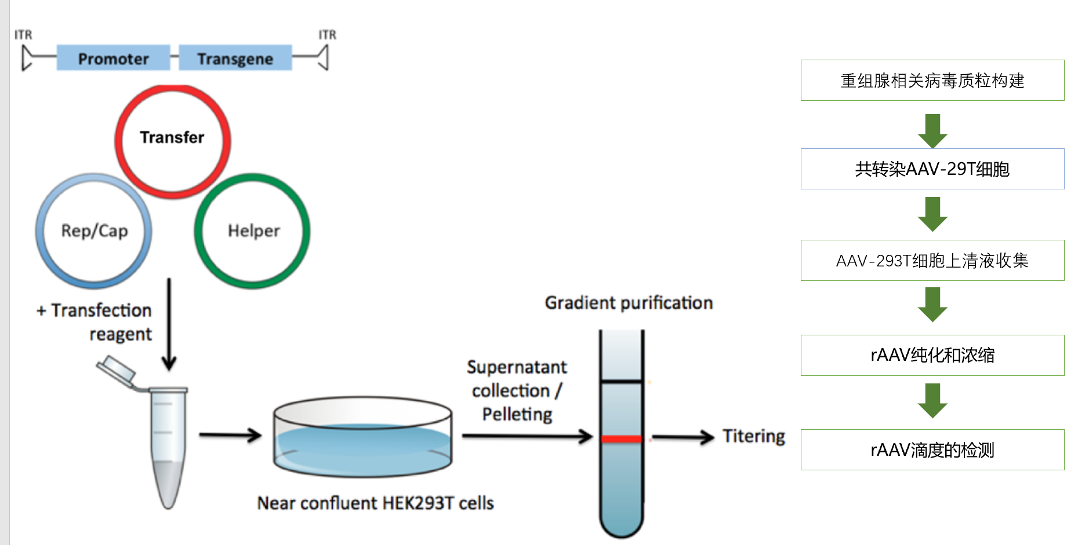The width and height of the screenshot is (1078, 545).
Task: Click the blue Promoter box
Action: tap(113, 58)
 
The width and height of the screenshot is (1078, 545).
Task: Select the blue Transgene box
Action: tap(235, 58)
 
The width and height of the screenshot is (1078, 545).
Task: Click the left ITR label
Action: tap(23, 35)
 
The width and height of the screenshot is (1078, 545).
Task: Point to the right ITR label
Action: tap(327, 35)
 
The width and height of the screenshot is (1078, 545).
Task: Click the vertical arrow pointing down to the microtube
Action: tap(169, 324)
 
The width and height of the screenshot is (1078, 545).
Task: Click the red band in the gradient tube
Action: tap(622, 439)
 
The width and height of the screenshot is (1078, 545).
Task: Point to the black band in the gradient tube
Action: tap(622, 381)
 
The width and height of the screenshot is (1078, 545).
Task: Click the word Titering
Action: tap(753, 436)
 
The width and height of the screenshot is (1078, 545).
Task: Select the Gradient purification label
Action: tap(629, 302)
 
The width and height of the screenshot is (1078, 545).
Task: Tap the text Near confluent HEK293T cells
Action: tap(375, 503)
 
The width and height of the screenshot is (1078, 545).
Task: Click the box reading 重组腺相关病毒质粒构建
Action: tap(932, 80)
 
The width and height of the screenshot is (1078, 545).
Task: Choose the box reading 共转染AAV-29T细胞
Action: tap(932, 169)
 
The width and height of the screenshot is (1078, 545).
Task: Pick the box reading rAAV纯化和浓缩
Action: tap(932, 355)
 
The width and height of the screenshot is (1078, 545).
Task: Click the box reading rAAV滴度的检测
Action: tap(932, 449)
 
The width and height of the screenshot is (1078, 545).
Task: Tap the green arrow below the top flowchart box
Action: tap(932, 130)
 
